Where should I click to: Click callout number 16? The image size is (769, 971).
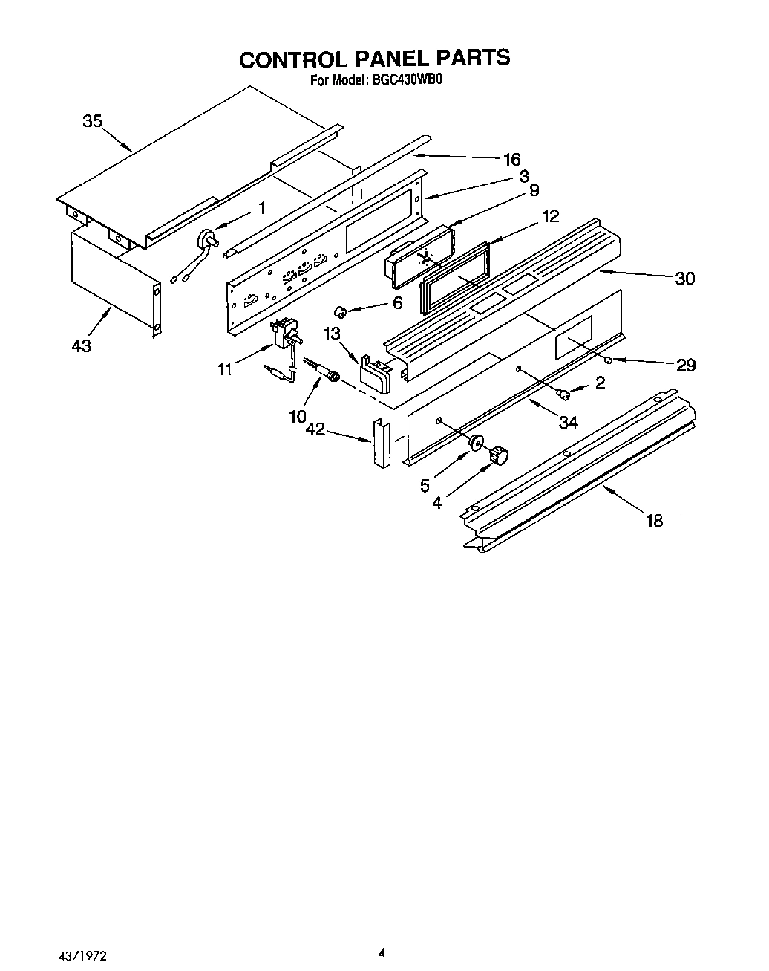[x=512, y=159]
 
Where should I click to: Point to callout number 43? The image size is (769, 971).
[x=82, y=345]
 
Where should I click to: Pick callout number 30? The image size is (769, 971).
[x=684, y=279]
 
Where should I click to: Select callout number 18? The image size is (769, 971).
[x=654, y=520]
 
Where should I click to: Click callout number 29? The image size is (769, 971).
[x=686, y=365]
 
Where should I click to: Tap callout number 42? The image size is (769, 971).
[x=315, y=429]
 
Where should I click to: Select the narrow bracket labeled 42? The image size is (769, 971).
[x=381, y=444]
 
